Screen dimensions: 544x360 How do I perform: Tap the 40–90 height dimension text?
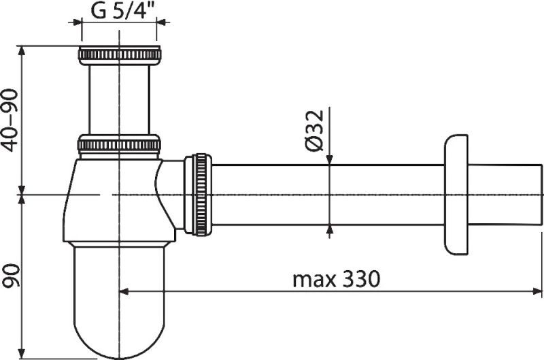tap(10, 120)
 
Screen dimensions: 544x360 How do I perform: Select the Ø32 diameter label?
tap(315, 131)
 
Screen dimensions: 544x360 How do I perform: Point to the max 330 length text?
tap(336, 279)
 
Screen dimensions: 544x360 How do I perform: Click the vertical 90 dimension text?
tap(10, 276)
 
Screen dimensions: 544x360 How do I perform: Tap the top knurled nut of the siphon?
tap(120, 55)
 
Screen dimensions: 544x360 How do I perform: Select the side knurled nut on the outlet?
tap(198, 195)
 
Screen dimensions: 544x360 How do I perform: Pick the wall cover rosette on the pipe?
tap(456, 195)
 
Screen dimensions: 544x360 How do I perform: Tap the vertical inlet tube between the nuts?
tap(120, 99)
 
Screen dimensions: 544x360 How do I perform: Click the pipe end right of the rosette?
tap(505, 195)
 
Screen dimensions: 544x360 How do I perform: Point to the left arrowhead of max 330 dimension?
tap(124, 291)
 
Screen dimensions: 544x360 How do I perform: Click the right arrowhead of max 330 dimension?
tap(537, 291)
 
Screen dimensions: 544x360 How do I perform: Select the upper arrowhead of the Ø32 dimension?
tap(330, 160)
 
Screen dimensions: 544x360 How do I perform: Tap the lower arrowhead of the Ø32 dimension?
tap(330, 230)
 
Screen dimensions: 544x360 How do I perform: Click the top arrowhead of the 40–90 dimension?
tap(22, 50)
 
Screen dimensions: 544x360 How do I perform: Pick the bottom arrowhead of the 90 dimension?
tap(22, 354)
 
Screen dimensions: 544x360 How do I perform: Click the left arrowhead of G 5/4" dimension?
tap(77, 22)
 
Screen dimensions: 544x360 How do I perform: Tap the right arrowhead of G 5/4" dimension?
tap(161, 22)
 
